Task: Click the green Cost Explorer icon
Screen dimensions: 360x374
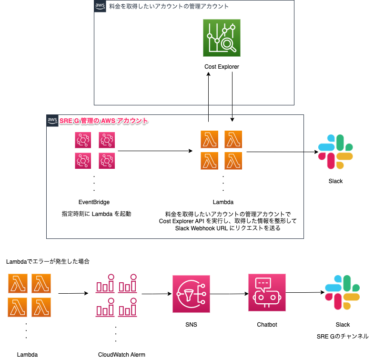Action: coord(222,38)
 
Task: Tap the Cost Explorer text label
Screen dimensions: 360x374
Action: coord(222,67)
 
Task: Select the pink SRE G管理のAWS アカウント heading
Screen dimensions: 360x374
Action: coord(104,121)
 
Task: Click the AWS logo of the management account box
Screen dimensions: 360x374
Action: coord(100,6)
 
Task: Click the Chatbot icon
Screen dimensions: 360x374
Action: coord(267,292)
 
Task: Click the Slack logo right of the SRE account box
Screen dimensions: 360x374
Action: coord(335,152)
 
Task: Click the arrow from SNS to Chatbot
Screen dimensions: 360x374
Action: coord(229,294)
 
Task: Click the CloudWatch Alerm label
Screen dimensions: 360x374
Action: coord(121,354)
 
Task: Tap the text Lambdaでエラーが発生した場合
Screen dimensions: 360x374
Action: coord(48,262)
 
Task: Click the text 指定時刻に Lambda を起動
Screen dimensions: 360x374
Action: coord(97,214)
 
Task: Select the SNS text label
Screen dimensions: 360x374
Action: coord(191,325)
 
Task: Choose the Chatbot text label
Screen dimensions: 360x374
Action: coord(267,325)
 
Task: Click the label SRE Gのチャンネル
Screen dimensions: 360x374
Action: coord(342,336)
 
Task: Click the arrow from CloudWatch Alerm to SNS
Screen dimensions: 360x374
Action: coord(156,294)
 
